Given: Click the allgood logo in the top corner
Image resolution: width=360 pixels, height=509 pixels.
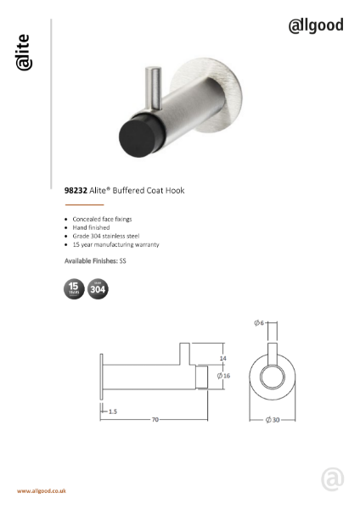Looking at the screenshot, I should (x=316, y=25).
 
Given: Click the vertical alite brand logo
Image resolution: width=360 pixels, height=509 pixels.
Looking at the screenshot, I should (x=24, y=53).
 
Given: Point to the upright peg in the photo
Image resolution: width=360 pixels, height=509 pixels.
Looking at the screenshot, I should (x=155, y=85).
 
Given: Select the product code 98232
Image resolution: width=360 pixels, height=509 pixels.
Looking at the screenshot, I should (x=76, y=191).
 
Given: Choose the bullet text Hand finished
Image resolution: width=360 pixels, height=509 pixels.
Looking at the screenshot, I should (x=92, y=227).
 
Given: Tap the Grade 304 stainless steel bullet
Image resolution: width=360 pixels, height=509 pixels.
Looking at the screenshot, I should (x=105, y=236).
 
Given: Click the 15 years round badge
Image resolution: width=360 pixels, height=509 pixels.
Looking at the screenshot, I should (x=75, y=289).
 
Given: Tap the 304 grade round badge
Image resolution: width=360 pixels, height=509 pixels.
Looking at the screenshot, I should (x=98, y=289).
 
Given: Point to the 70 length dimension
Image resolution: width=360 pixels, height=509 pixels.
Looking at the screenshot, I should (x=156, y=418).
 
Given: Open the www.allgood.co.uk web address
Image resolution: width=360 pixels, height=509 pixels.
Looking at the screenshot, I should (x=42, y=491).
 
